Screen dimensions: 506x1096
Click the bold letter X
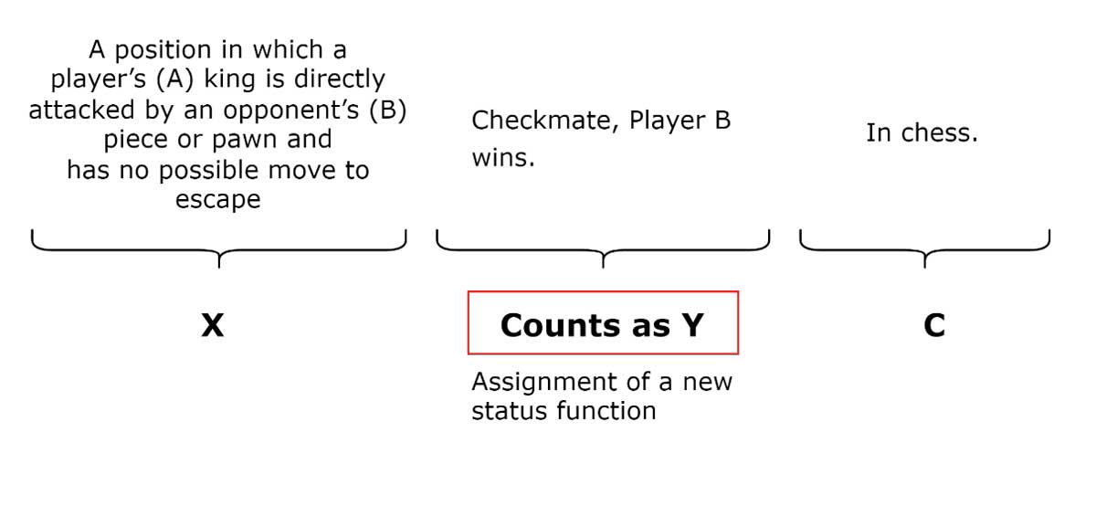click(x=212, y=325)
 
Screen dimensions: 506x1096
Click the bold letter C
click(x=933, y=325)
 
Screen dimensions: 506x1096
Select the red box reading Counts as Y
click(x=602, y=322)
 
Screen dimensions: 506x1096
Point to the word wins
click(x=502, y=158)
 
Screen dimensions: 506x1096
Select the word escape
click(x=217, y=200)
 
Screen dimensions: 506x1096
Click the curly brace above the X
click(x=218, y=248)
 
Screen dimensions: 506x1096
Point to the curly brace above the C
click(x=924, y=248)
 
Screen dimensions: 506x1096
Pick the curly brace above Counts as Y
click(x=603, y=248)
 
